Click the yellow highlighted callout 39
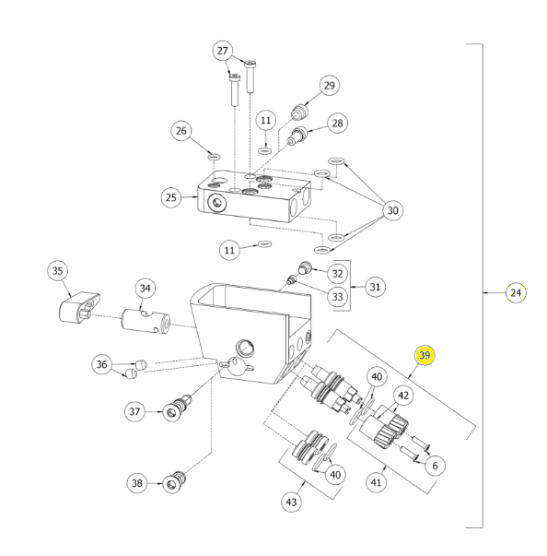click(x=425, y=355)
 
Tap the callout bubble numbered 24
click(x=516, y=293)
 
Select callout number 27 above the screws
click(x=222, y=51)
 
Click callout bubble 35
click(x=57, y=271)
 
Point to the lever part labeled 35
click(x=79, y=307)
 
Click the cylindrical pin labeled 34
click(x=145, y=322)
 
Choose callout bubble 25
click(x=171, y=197)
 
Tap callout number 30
click(x=392, y=210)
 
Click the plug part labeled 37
click(x=178, y=408)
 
